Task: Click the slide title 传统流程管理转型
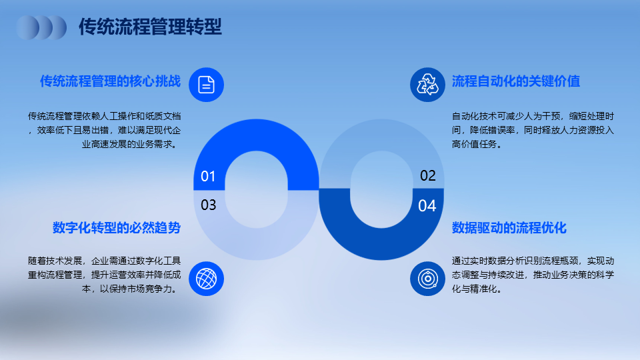coord(150,27)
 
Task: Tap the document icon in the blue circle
coord(206,85)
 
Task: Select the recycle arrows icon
coord(427,85)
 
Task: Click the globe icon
coord(206,279)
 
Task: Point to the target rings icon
coord(427,279)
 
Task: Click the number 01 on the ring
coord(208,176)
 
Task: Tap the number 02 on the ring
coord(428,175)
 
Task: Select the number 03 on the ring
coord(208,205)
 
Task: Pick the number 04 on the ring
coord(427,206)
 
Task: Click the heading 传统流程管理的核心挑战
coord(110,81)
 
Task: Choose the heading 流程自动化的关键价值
coord(516,81)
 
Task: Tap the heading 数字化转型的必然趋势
coord(117,228)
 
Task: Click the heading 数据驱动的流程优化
coord(509,228)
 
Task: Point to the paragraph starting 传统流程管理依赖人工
coord(104,130)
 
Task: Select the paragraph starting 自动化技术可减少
coord(533,130)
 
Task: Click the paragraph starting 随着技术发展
coord(104,275)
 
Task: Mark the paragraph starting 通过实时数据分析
coord(533,275)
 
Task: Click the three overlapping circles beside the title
coord(41,27)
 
